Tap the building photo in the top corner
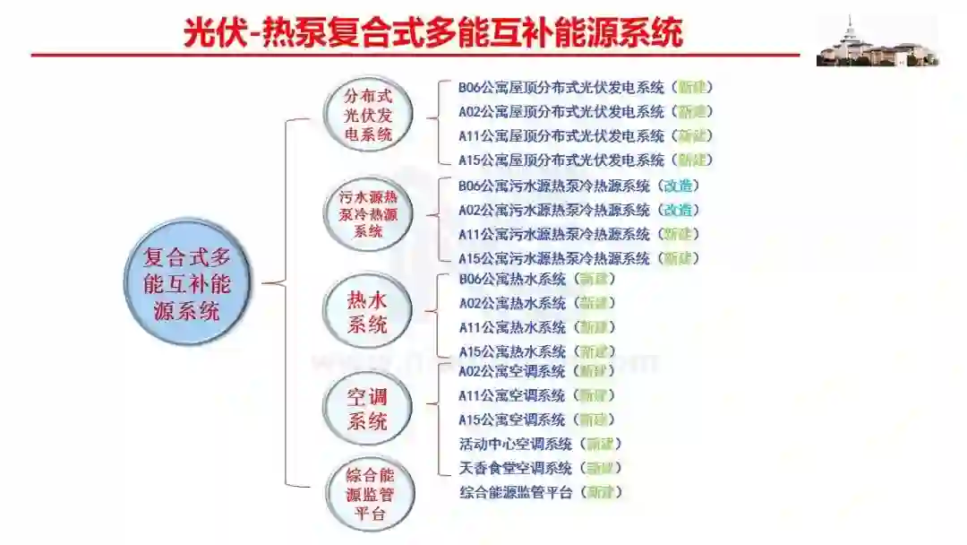(877, 41)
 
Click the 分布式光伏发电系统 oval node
(368, 115)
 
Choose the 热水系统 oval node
(367, 313)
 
